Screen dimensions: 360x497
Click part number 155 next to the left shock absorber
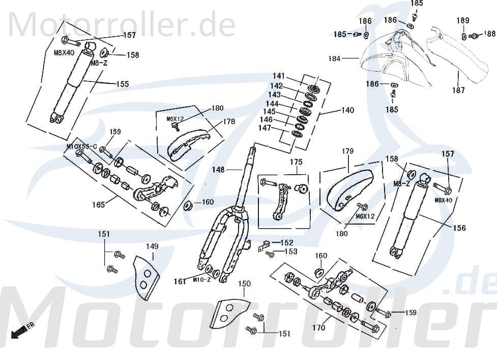[x=123, y=84]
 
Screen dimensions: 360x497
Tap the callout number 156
[x=459, y=228]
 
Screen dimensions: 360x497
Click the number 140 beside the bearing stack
[x=347, y=110]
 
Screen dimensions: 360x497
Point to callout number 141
[x=278, y=76]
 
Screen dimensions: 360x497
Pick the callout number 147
[x=265, y=128]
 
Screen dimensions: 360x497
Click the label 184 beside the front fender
[x=334, y=59]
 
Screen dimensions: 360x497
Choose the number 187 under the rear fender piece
[x=458, y=90]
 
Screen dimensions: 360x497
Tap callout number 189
[x=462, y=20]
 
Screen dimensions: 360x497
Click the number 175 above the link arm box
[x=296, y=162]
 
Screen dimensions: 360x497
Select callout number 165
[x=98, y=205]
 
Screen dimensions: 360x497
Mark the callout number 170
[x=318, y=328]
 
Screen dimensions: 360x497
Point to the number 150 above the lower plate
[x=245, y=284]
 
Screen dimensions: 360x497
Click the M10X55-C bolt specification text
[x=81, y=146]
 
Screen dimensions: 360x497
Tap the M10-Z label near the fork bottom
[x=202, y=280]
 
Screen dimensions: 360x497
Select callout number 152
[x=287, y=242]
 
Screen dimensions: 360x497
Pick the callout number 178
[x=229, y=122]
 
